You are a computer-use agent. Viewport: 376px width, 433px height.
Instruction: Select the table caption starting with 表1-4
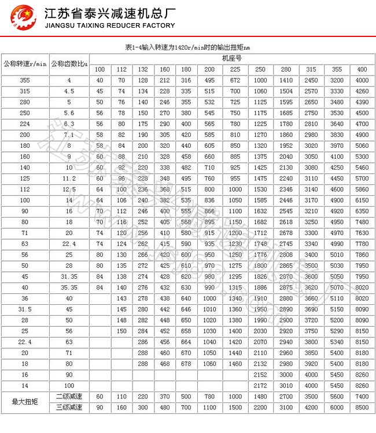pyautogui.click(x=188, y=47)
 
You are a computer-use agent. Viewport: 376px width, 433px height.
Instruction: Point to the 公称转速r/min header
pyautogui.click(x=25, y=64)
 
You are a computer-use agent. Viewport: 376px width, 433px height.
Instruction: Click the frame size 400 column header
pyautogui.click(x=362, y=69)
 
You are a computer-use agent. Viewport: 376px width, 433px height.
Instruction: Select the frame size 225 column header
pyautogui.click(x=235, y=69)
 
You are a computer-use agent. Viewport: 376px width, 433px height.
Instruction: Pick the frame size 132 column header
pyautogui.click(x=142, y=69)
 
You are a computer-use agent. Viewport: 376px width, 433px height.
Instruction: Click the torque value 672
pyautogui.click(x=235, y=80)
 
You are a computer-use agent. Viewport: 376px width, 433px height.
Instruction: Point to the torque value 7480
pyautogui.click(x=362, y=222)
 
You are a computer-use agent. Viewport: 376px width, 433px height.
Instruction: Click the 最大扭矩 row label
pyautogui.click(x=25, y=401)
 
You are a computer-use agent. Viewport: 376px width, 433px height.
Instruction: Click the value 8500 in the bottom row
pyautogui.click(x=362, y=407)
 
